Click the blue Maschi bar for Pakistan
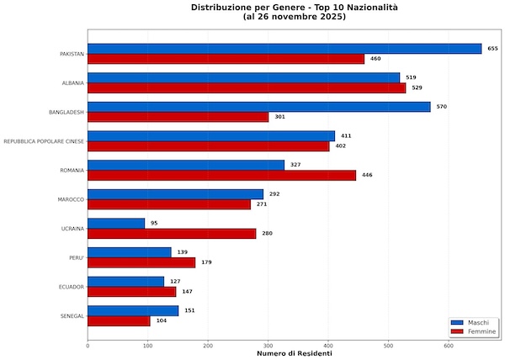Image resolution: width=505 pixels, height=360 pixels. pyautogui.click(x=284, y=49)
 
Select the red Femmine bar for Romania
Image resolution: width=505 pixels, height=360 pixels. pyautogui.click(x=221, y=175)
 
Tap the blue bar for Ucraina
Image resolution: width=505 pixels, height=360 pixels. pyautogui.click(x=116, y=223)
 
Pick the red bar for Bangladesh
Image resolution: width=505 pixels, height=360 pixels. pyautogui.click(x=178, y=117)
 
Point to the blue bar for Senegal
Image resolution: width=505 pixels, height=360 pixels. pyautogui.click(x=133, y=310)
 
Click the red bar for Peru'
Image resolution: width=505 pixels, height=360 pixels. pyautogui.click(x=141, y=262)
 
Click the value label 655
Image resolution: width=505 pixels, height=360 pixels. pyautogui.click(x=492, y=49)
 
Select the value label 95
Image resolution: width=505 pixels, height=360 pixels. pyautogui.click(x=154, y=223)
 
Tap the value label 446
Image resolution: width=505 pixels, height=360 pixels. pyautogui.click(x=367, y=175)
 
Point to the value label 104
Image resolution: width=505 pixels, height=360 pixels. pyautogui.click(x=162, y=320)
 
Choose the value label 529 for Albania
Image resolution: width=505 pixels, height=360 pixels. pyautogui.click(x=417, y=87)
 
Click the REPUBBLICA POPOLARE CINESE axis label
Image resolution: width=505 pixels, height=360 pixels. pyautogui.click(x=44, y=141)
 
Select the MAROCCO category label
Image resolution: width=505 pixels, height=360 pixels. pyautogui.click(x=71, y=199)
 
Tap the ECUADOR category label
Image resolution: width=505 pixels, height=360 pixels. pyautogui.click(x=72, y=287)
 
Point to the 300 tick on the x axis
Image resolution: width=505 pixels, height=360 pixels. pyautogui.click(x=268, y=346)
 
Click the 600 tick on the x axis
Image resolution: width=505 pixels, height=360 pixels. pyautogui.click(x=449, y=346)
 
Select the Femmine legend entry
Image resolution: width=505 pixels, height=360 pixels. pyautogui.click(x=473, y=331)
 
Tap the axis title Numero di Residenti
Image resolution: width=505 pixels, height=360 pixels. pyautogui.click(x=295, y=353)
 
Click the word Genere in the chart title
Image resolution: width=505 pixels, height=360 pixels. pyautogui.click(x=288, y=8)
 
